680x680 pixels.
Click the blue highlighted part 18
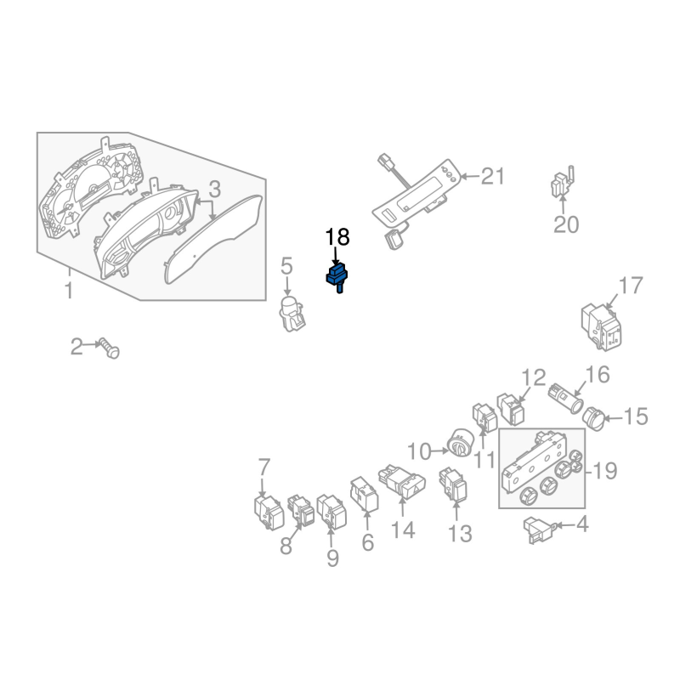pyautogui.click(x=337, y=277)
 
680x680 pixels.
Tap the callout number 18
pyautogui.click(x=337, y=237)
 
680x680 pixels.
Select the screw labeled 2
pyautogui.click(x=110, y=348)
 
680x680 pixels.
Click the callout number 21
pyautogui.click(x=493, y=177)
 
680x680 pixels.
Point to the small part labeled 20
pyautogui.click(x=562, y=182)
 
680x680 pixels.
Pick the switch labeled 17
pyautogui.click(x=602, y=326)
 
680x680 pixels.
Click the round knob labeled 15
pyautogui.click(x=594, y=419)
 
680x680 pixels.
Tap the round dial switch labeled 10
pyautogui.click(x=460, y=443)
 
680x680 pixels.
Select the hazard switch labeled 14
pyautogui.click(x=402, y=481)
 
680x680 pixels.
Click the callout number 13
pyautogui.click(x=460, y=534)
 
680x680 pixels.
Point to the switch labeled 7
pyautogui.click(x=269, y=513)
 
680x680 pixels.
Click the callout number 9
pyautogui.click(x=332, y=558)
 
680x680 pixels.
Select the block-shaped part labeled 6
pyautogui.click(x=365, y=495)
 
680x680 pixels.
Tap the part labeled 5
pyautogui.click(x=292, y=312)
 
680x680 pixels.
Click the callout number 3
pyautogui.click(x=215, y=189)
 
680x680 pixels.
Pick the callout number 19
pyautogui.click(x=604, y=470)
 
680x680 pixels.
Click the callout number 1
pyautogui.click(x=69, y=290)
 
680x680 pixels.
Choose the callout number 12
pyautogui.click(x=534, y=377)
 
